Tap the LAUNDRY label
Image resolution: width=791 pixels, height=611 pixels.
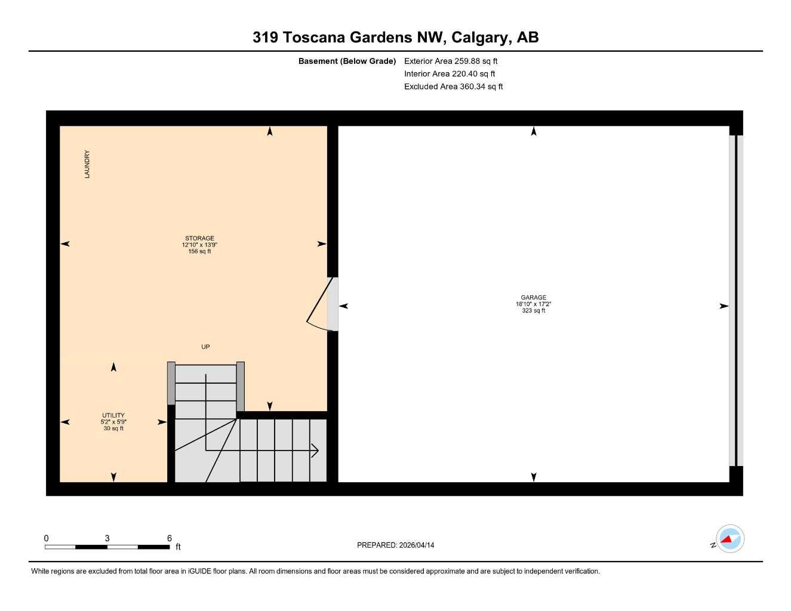click(87, 164)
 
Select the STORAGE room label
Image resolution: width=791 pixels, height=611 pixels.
click(199, 238)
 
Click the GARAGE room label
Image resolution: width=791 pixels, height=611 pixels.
click(533, 297)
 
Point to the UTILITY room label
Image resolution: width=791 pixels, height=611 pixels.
click(113, 415)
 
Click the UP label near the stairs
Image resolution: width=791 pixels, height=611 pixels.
click(205, 347)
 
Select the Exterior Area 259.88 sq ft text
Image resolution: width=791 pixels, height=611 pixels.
click(451, 61)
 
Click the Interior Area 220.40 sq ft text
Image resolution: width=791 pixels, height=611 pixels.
click(450, 74)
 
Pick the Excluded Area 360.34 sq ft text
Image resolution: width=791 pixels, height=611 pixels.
click(453, 87)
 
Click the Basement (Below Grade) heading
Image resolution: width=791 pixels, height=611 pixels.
click(347, 61)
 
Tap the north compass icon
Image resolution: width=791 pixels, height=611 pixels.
click(730, 539)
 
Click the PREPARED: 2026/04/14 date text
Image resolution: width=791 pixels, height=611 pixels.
click(395, 545)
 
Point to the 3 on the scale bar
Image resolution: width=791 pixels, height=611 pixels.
click(107, 538)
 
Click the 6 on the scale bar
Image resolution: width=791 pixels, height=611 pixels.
click(170, 538)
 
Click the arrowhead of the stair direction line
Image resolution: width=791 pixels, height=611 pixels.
click(316, 450)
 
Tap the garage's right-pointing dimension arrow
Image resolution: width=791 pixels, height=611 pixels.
click(724, 306)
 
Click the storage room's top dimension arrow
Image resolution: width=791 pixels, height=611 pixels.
click(270, 132)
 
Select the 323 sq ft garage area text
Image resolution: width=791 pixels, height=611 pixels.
click(533, 311)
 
